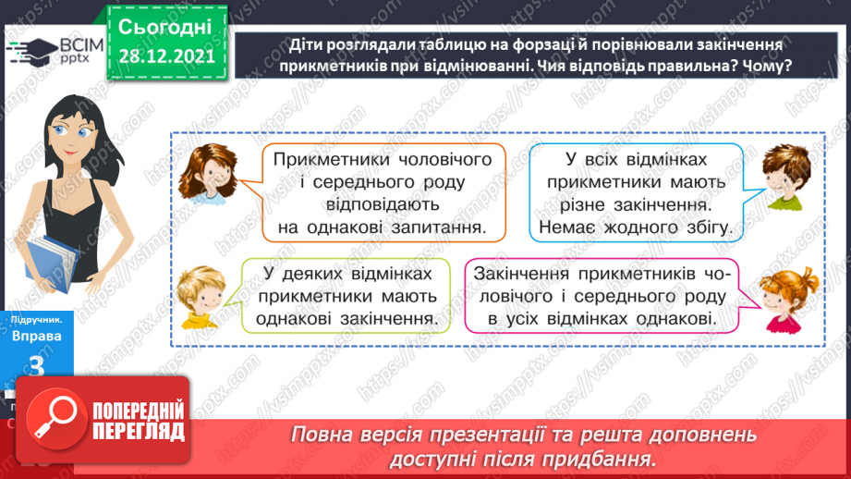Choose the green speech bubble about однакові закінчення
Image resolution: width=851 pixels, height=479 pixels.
click(x=346, y=296)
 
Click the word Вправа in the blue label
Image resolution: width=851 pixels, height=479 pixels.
click(x=36, y=337)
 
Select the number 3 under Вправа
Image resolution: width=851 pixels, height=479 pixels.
click(x=38, y=364)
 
